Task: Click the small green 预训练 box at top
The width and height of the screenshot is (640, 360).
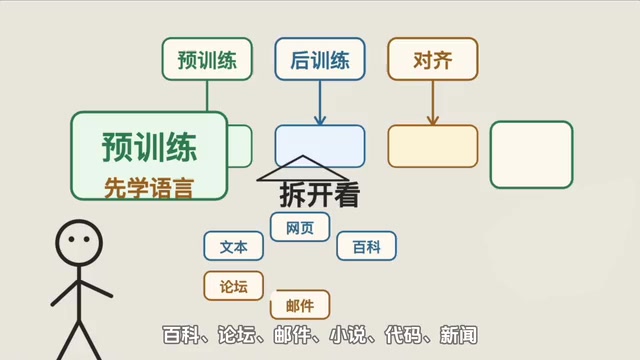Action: (x=207, y=59)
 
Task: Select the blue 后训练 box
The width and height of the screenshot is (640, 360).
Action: (x=320, y=59)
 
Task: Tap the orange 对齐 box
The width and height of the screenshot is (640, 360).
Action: (x=433, y=59)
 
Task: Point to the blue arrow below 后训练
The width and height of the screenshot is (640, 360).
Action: (x=320, y=103)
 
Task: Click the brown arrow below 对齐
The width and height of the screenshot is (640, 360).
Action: (x=433, y=103)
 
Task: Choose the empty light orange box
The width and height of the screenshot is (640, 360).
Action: (x=433, y=146)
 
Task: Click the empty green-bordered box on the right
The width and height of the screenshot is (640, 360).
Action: (x=531, y=155)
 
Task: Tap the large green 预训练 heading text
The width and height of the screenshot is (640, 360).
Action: (x=149, y=147)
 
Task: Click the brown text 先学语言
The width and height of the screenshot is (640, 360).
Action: (x=149, y=188)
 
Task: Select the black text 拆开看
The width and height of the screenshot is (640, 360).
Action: (x=320, y=195)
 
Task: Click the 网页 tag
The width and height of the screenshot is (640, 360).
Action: (x=300, y=227)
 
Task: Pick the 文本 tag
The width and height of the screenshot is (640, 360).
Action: (x=233, y=246)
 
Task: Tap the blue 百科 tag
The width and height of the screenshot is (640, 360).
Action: (x=367, y=246)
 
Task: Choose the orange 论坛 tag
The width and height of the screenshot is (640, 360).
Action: (x=233, y=286)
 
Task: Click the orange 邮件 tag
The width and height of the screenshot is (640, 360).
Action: (x=300, y=305)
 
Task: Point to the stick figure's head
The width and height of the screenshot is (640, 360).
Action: (x=79, y=243)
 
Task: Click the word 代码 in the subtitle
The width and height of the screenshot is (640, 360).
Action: (x=403, y=335)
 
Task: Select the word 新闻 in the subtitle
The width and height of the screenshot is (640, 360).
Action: (x=459, y=335)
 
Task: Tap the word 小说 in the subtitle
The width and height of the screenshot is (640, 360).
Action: (x=348, y=335)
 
